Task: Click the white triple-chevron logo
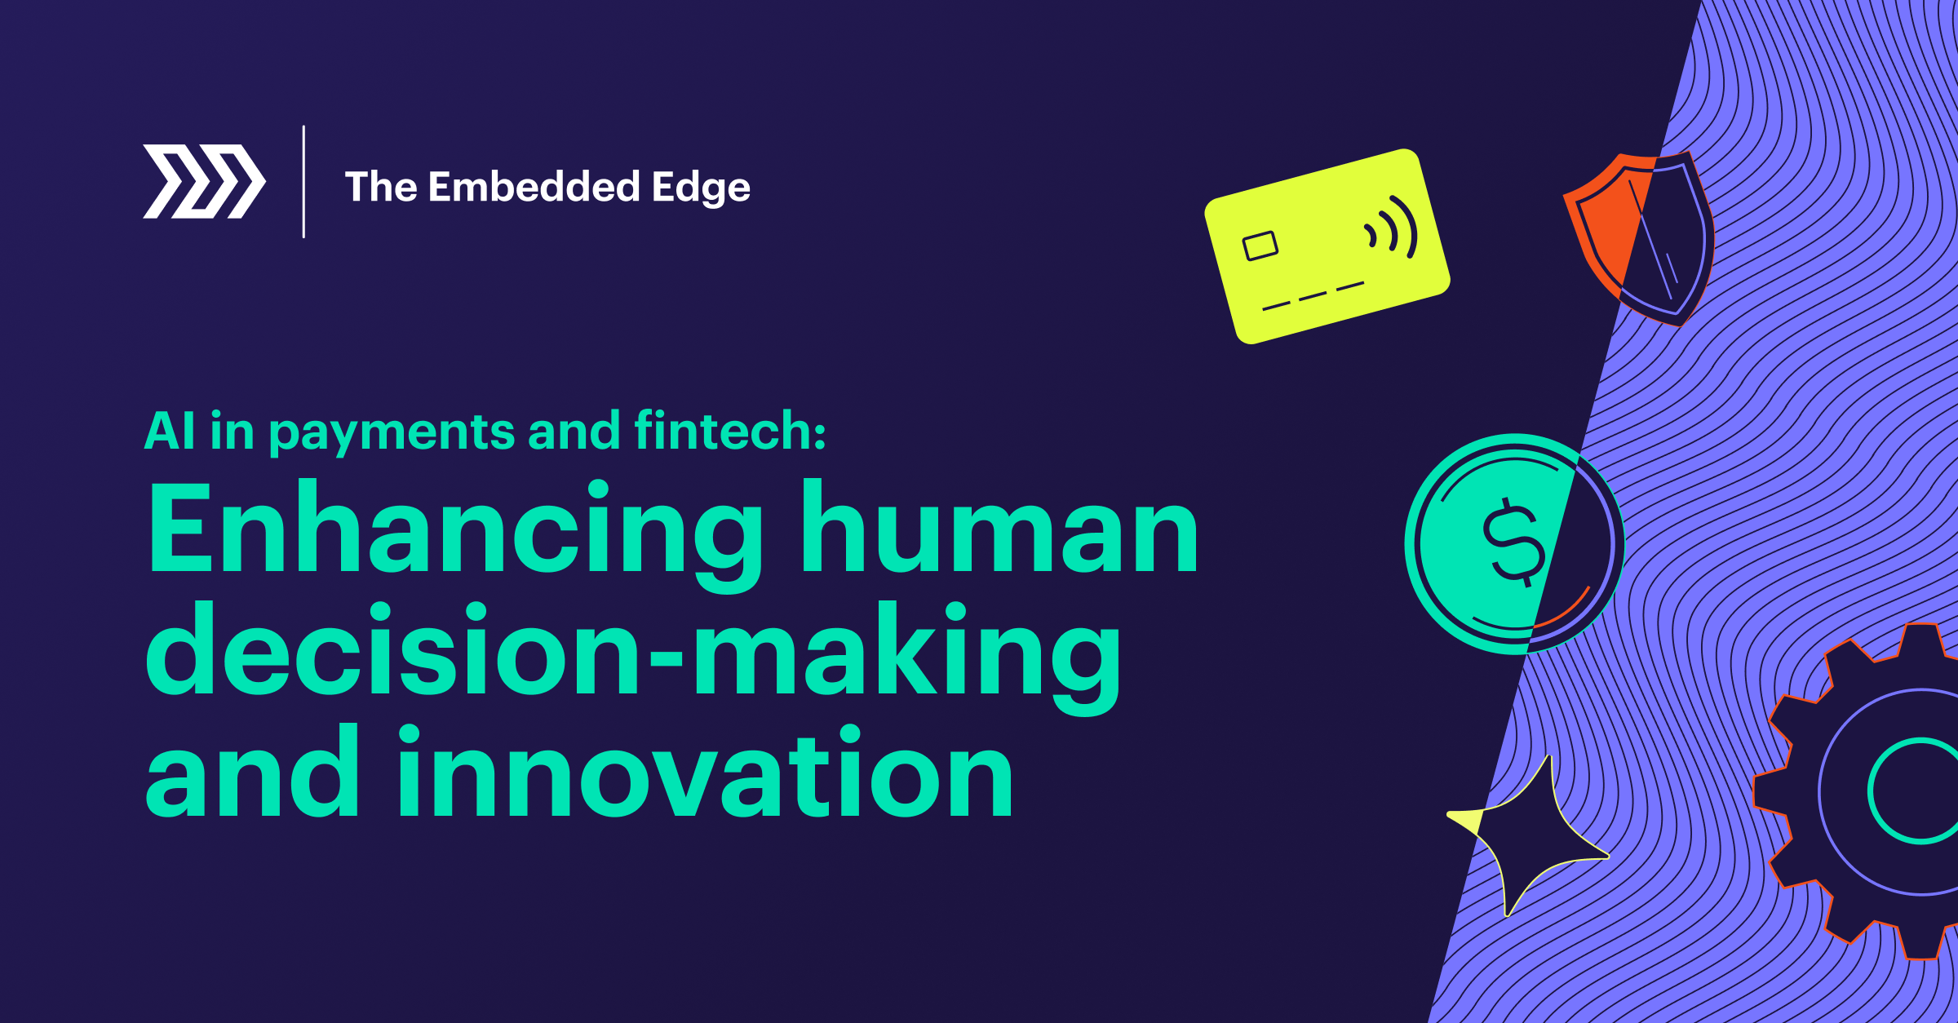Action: click(x=204, y=181)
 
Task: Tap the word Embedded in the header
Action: click(x=534, y=187)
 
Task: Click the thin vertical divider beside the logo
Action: click(x=303, y=181)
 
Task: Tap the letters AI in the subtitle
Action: click(x=170, y=430)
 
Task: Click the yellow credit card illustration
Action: click(x=1327, y=246)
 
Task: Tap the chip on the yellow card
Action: click(x=1260, y=246)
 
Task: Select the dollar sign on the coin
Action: click(x=1513, y=542)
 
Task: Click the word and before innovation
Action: click(x=252, y=771)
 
